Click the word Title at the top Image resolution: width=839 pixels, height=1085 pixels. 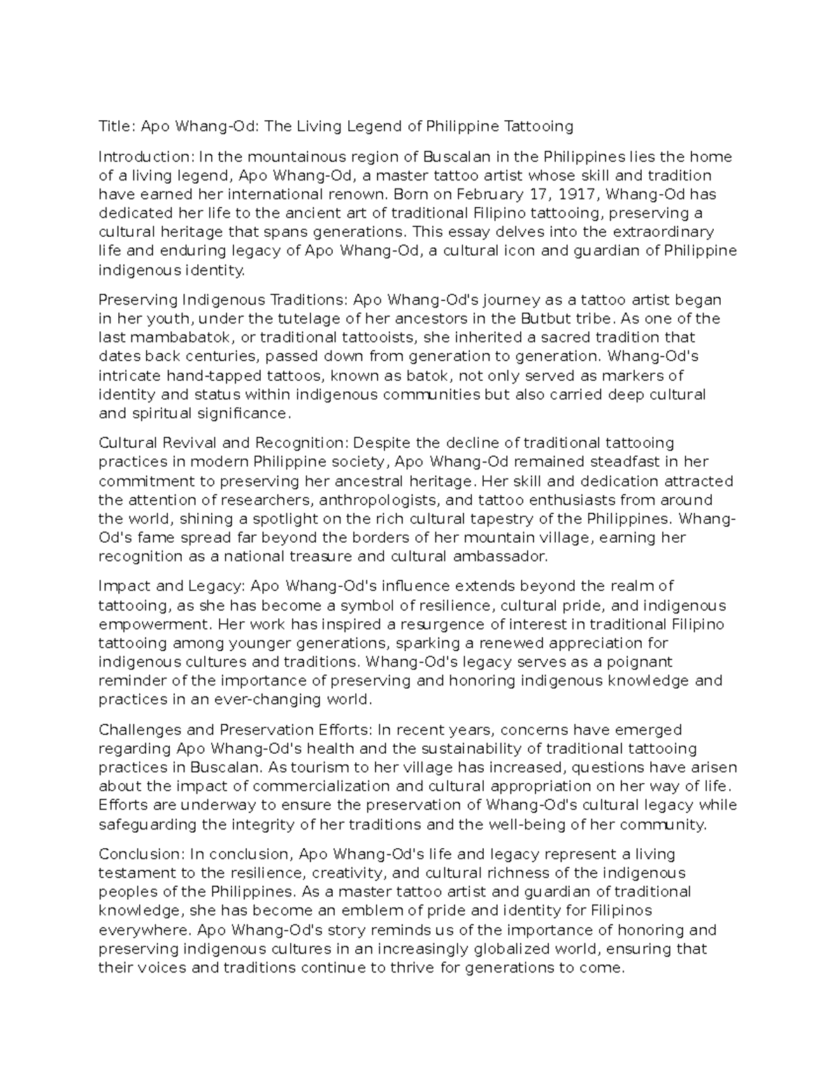click(115, 126)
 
